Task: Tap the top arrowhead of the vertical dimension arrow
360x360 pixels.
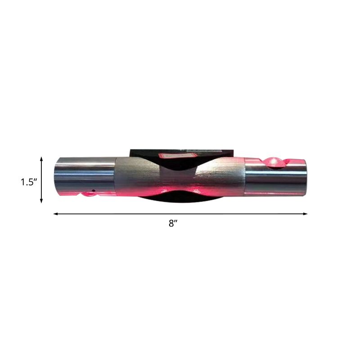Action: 41,159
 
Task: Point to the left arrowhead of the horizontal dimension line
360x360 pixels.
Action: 55,214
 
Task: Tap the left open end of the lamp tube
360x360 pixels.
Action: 57,177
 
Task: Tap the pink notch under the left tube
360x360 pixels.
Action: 85,195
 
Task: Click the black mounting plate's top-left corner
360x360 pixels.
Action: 130,148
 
